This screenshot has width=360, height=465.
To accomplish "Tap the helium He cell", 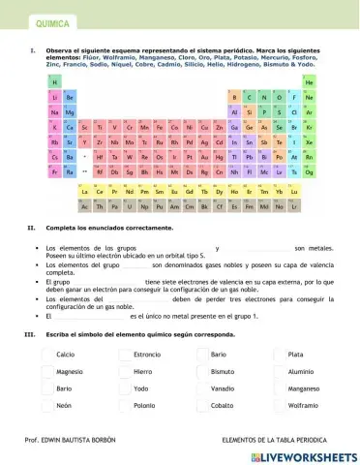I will point(308,82).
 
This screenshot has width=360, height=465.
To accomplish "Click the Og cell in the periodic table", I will point(308,171).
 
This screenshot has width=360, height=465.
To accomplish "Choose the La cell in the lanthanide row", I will point(85,192).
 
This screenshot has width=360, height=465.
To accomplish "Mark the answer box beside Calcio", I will point(47,354).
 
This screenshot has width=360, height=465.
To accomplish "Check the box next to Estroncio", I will point(125,354).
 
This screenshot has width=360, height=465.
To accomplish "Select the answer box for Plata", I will point(280,354).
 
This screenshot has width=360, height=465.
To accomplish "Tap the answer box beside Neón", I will point(47,404).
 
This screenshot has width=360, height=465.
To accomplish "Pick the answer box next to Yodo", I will point(125,387).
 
